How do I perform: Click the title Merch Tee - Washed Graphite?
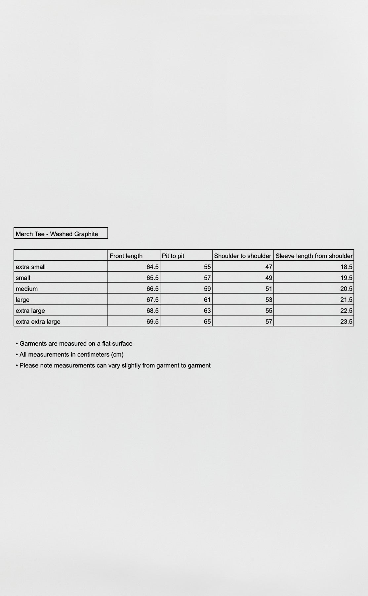[x=57, y=234]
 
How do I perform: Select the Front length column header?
[x=126, y=256]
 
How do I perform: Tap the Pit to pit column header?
[x=173, y=256]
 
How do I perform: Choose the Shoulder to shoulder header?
[x=242, y=256]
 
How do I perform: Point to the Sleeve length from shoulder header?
[x=314, y=256]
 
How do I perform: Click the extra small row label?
[x=31, y=267]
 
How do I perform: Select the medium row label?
[x=27, y=289]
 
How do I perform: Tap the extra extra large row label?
[x=38, y=321]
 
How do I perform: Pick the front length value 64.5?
[x=152, y=267]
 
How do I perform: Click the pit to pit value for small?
[x=207, y=278]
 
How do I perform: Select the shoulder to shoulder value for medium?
[x=269, y=289]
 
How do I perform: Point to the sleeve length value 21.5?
[x=346, y=300]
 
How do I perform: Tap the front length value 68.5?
[x=152, y=311]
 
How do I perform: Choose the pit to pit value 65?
[x=207, y=321]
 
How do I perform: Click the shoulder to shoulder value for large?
[x=269, y=300]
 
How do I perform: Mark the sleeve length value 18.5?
[x=346, y=267]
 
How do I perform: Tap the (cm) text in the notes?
[x=117, y=355]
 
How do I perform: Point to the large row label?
[x=22, y=300]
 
